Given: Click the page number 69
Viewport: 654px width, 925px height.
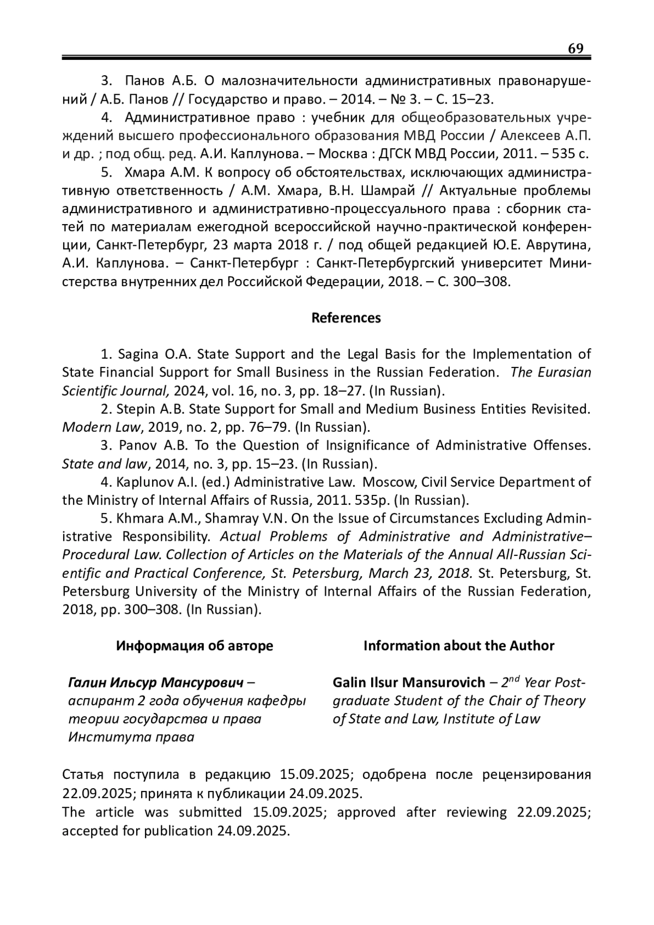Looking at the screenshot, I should pos(576,49).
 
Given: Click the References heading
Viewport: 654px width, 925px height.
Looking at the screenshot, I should pos(346,318).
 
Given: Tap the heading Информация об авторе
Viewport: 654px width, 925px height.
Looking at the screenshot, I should pos(195,646).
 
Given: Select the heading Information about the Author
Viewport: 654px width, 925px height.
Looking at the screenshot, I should pos(459,646).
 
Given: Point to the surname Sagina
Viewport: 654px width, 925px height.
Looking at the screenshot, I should pos(138,354).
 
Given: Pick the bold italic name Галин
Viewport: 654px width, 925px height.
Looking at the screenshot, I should pos(87,682).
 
